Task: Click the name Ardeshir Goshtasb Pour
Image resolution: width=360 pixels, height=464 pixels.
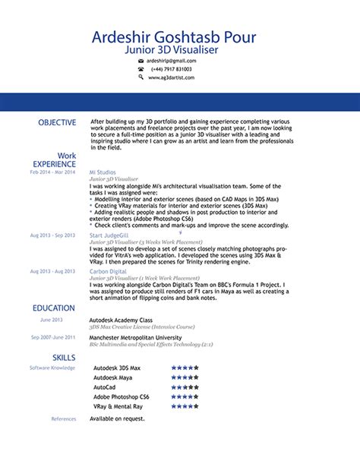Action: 174,37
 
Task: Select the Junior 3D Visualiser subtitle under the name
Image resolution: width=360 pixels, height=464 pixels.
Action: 174,49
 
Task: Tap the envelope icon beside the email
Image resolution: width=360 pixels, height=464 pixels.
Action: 141,60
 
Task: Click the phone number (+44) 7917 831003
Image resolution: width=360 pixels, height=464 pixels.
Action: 171,68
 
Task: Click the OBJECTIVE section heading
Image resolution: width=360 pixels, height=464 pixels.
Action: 57,122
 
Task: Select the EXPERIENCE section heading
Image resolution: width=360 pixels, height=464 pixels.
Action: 54,164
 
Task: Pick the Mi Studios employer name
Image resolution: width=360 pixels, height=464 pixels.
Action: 103,172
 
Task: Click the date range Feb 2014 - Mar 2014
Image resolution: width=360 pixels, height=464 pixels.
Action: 53,172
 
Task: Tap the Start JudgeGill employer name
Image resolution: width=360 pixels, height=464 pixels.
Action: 109,235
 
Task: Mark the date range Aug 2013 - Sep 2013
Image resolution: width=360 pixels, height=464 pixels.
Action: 53,235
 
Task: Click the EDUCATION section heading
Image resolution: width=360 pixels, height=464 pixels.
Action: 54,308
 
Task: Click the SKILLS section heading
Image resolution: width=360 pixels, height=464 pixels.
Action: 64,357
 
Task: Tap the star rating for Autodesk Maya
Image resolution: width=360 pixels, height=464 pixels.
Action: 185,377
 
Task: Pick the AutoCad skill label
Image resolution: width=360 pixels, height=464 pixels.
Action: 104,387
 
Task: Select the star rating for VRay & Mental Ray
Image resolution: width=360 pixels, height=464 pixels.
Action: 185,406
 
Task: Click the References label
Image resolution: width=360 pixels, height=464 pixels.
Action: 64,418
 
